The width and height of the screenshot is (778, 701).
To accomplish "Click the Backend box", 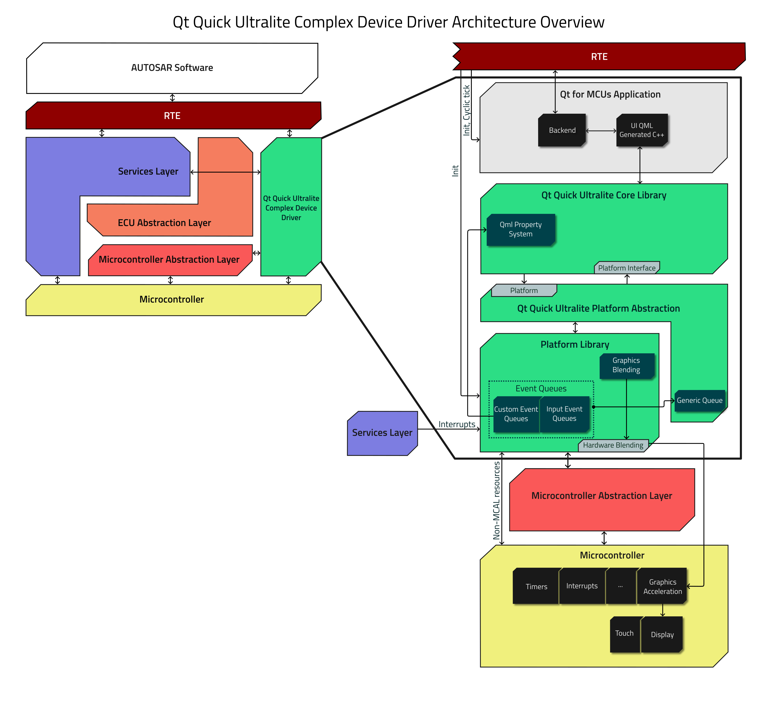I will pyautogui.click(x=562, y=130).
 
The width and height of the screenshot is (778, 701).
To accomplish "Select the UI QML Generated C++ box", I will pyautogui.click(x=641, y=130).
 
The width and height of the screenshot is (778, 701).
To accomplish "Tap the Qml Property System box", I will pyautogui.click(x=520, y=230).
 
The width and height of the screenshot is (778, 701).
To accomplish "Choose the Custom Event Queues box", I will pyautogui.click(x=516, y=414).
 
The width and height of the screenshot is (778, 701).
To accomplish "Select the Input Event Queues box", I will pyautogui.click(x=564, y=414).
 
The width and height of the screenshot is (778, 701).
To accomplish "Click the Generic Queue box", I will pyautogui.click(x=699, y=401).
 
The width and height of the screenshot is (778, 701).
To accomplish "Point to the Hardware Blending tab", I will pyautogui.click(x=613, y=445).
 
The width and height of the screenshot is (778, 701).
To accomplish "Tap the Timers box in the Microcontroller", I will pyautogui.click(x=536, y=586).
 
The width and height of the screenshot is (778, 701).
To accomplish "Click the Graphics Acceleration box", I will pyautogui.click(x=662, y=586).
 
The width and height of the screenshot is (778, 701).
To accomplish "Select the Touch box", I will pyautogui.click(x=624, y=634).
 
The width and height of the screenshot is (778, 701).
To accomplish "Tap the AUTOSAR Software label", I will pyautogui.click(x=172, y=68).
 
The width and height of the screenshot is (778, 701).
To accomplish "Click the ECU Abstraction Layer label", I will pyautogui.click(x=164, y=223).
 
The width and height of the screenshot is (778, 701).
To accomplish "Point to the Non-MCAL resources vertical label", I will pyautogui.click(x=496, y=501).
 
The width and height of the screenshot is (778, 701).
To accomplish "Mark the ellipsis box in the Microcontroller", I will pyautogui.click(x=620, y=586).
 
